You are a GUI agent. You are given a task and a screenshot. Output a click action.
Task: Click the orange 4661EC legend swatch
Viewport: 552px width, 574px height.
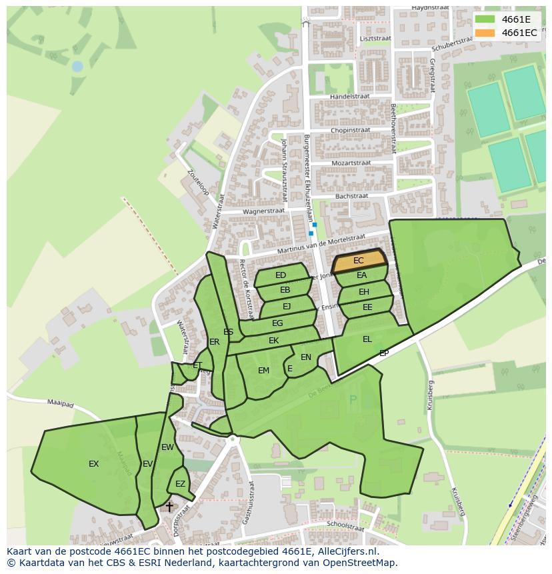pos(485,33)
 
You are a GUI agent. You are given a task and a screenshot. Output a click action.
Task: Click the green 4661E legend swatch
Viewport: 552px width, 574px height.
pos(485,19)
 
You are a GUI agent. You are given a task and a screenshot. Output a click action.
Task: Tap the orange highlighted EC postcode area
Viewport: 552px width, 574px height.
pos(359,261)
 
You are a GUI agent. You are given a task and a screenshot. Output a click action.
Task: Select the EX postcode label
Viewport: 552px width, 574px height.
pos(94,463)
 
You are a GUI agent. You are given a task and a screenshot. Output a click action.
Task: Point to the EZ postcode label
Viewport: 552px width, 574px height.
pos(180,484)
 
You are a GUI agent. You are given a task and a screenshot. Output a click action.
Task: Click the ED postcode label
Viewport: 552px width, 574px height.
pos(281,275)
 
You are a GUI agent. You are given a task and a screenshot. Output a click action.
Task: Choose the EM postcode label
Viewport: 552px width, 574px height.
pos(263,371)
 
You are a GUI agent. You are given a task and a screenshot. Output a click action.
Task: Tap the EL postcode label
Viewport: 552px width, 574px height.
pos(367,339)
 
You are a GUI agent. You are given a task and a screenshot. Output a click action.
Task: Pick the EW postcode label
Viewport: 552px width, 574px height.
pos(167,447)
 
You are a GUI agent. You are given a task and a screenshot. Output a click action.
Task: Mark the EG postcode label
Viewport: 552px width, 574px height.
pos(277,323)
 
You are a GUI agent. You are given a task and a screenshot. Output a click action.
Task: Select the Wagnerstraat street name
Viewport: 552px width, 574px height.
pos(263,211)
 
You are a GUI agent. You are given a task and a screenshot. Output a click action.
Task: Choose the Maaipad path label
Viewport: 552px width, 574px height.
pos(59,402)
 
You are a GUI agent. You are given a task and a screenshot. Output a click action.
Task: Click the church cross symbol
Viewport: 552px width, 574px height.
pos(169,507)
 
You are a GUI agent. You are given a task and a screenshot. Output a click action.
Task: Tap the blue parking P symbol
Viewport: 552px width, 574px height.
pos(353,400)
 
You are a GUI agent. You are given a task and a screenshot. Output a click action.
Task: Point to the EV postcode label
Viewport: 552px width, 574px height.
pos(147,463)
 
